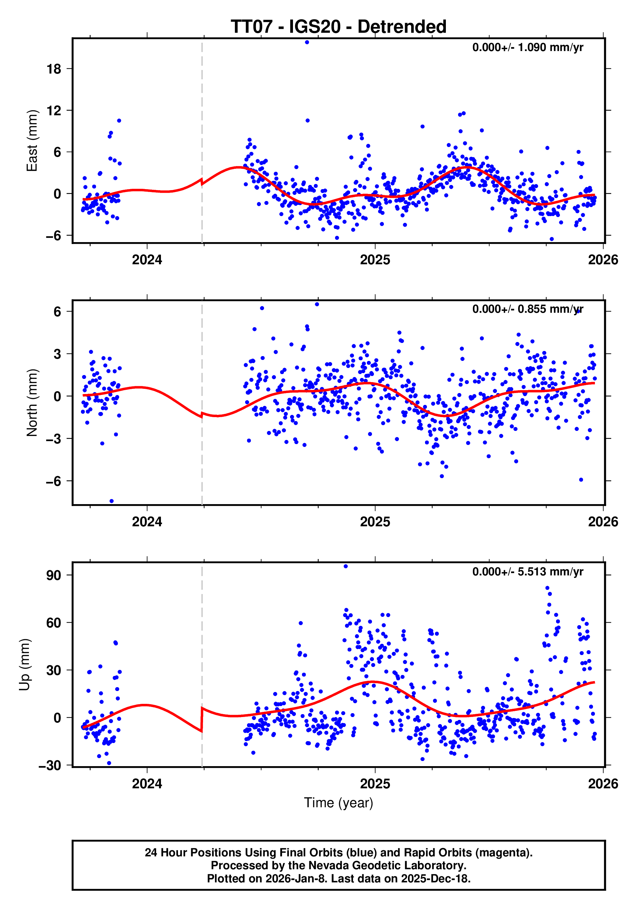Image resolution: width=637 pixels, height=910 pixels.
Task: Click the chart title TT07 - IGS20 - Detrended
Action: pos(338,27)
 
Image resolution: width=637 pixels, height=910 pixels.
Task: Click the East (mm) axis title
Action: pos(32,141)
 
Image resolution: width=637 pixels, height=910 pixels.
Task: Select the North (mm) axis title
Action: pos(32,403)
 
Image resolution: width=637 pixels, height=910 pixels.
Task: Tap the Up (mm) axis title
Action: pos(25,665)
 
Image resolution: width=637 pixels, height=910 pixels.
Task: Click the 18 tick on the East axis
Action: pos(54,69)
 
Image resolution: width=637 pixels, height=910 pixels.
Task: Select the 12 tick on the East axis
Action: pos(54,110)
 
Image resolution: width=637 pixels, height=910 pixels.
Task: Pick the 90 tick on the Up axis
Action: pos(54,575)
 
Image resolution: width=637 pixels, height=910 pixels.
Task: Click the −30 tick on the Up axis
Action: pos(50,765)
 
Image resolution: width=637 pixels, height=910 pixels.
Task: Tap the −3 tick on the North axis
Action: pos(54,439)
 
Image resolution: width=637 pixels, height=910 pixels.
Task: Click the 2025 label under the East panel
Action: pos(375,260)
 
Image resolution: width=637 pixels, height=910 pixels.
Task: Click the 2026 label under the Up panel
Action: pos(603,784)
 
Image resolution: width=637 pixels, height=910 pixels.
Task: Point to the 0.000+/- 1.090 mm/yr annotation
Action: pos(527,48)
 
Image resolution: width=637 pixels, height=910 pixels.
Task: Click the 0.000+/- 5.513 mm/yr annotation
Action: pos(527,572)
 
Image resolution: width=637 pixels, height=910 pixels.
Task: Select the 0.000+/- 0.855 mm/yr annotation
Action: pos(527,309)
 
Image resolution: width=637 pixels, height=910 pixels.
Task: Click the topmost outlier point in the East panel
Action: pos(307,42)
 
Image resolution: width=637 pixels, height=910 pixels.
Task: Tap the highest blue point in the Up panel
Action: pos(346,566)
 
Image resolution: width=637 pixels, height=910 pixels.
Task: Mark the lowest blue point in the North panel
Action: pos(111,501)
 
